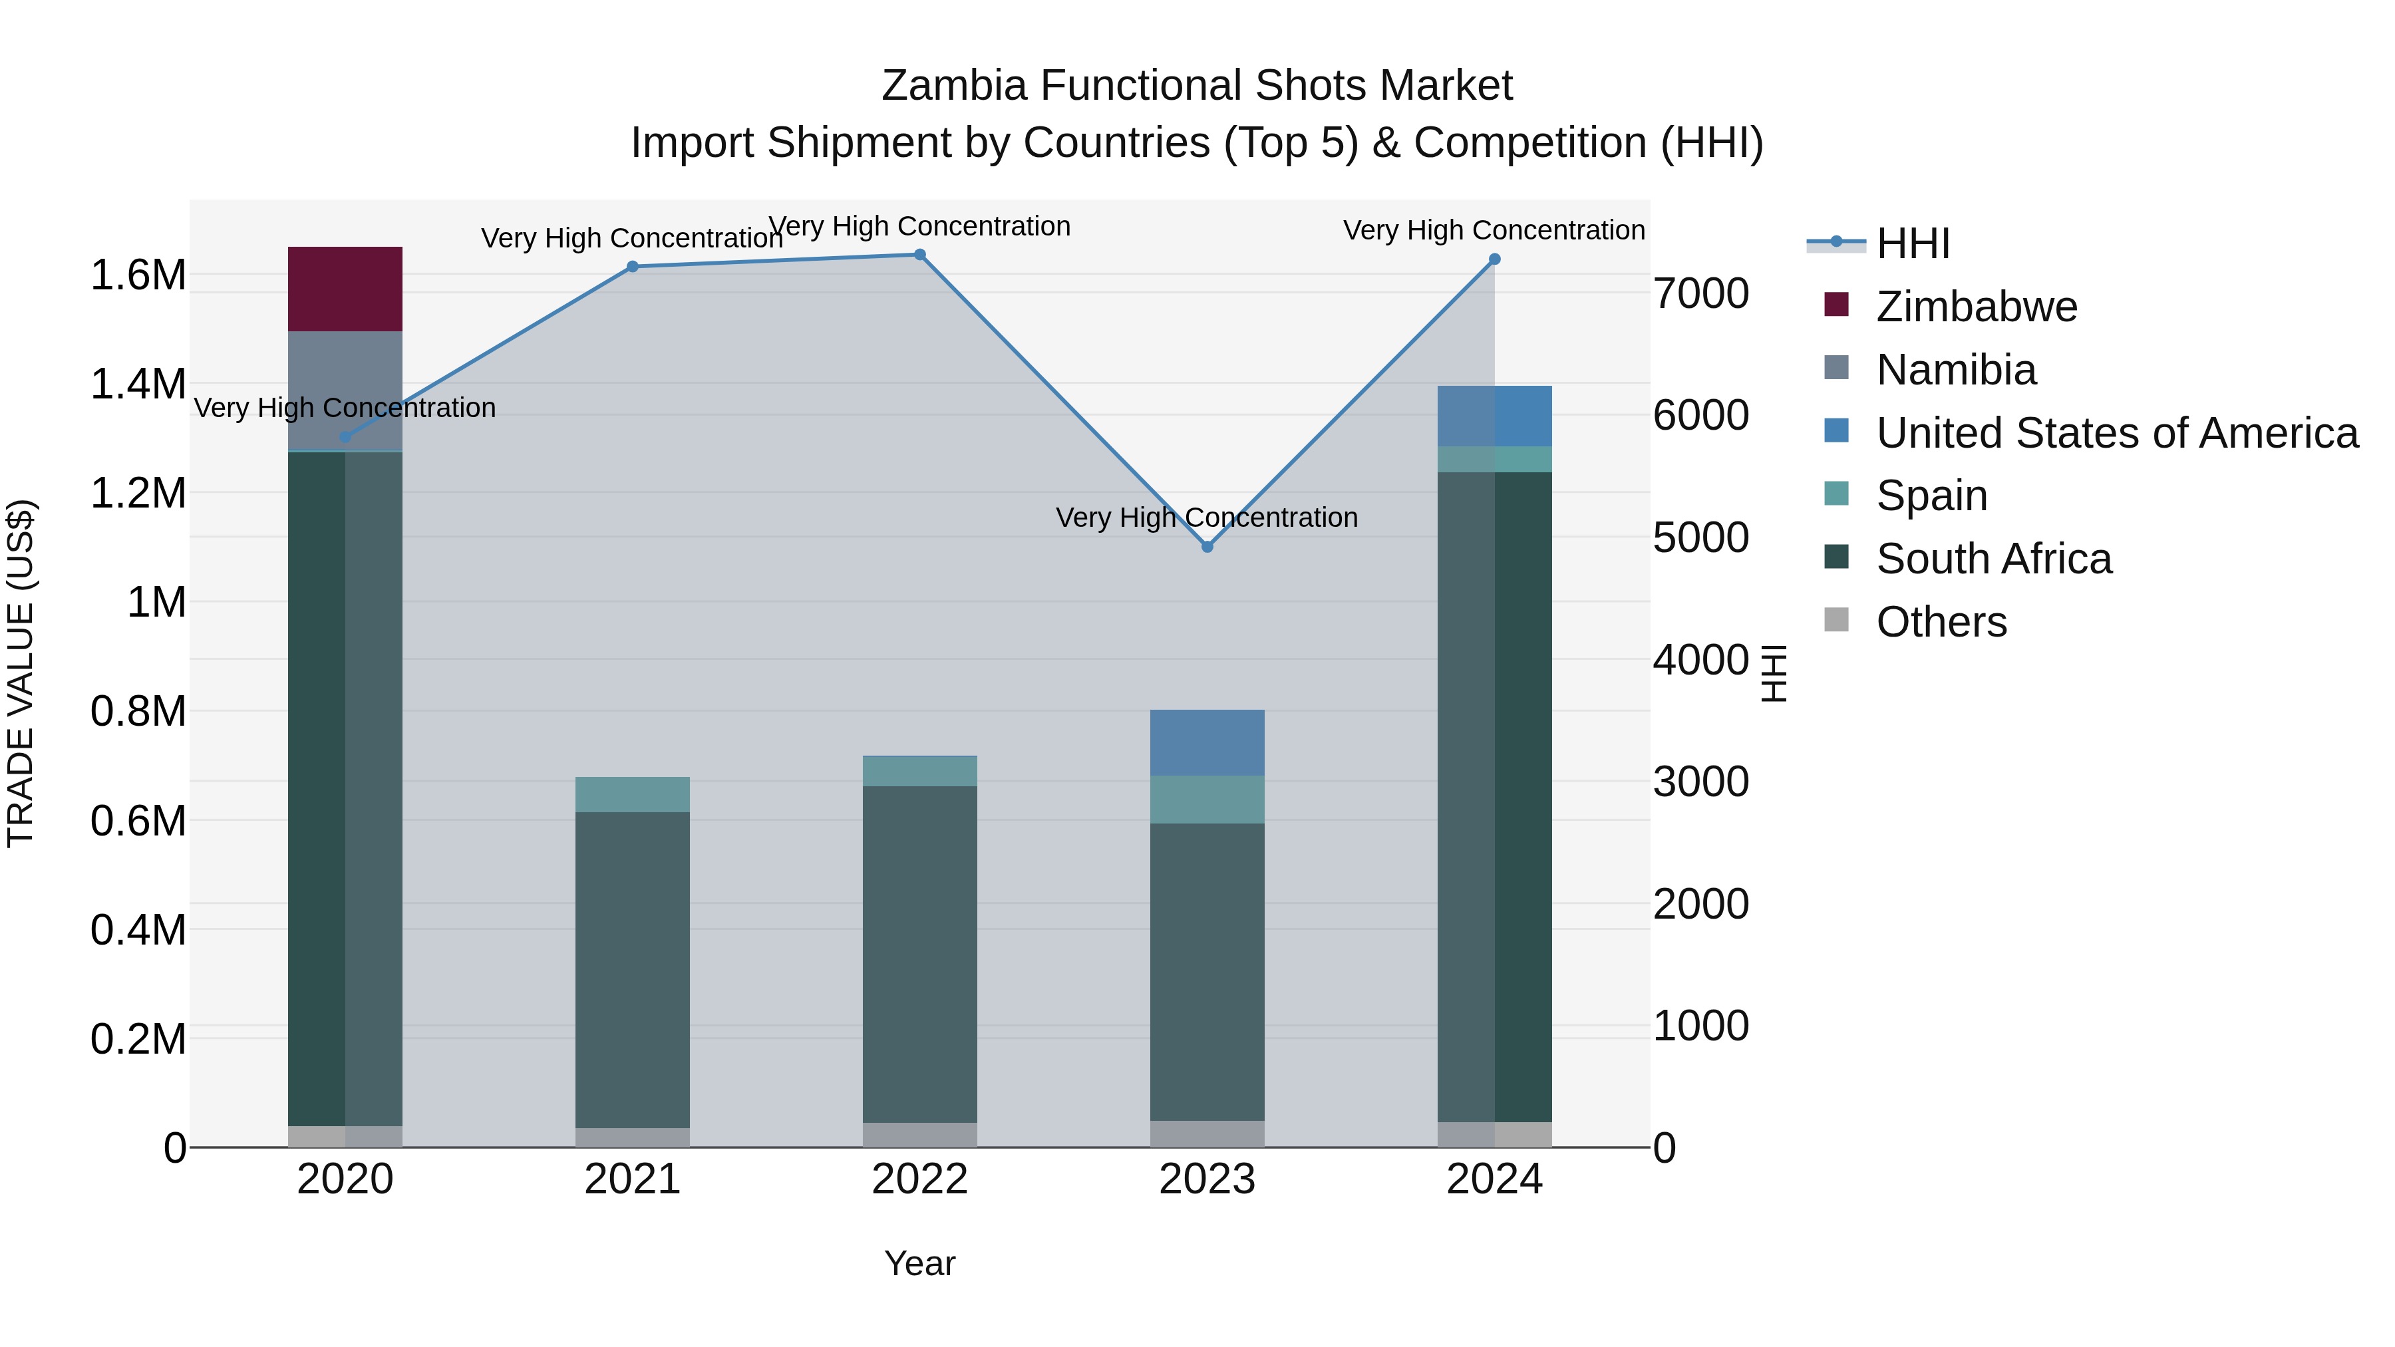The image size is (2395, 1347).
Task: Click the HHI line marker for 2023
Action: (x=1207, y=547)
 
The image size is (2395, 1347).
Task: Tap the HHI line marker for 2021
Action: (x=632, y=267)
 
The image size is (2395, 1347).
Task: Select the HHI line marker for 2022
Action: (x=919, y=255)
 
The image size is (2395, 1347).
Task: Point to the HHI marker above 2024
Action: (x=1494, y=259)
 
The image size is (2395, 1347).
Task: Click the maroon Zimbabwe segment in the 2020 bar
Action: (x=345, y=289)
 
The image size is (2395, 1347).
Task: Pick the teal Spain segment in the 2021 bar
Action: (x=632, y=795)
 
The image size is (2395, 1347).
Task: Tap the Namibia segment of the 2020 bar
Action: (x=345, y=390)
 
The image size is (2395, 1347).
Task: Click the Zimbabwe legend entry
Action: (x=1976, y=307)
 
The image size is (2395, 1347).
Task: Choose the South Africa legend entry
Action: (x=1993, y=559)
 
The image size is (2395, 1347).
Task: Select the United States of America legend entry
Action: (x=2116, y=433)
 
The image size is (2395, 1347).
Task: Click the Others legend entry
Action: (x=1941, y=622)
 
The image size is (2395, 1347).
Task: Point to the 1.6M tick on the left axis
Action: (x=138, y=275)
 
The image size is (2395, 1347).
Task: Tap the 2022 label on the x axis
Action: (x=919, y=1179)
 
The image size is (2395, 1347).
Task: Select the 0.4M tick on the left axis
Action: (x=138, y=930)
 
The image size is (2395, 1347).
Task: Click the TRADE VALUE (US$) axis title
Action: (x=21, y=673)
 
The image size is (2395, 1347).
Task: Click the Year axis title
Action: (x=919, y=1263)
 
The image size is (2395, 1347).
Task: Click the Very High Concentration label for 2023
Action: (x=1207, y=518)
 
